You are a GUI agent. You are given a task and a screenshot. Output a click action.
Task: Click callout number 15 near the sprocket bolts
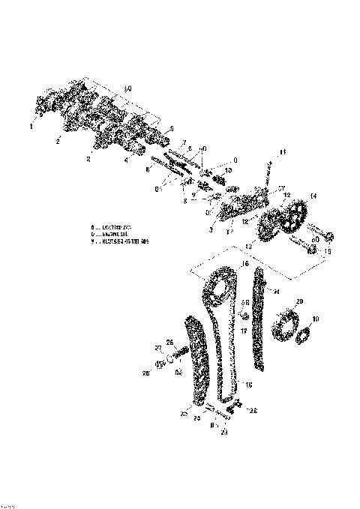point(325,252)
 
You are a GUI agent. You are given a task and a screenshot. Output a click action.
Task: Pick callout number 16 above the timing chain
point(244,265)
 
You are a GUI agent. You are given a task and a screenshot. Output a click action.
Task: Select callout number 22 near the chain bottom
point(253,411)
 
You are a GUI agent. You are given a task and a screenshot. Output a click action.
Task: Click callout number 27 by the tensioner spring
point(158,349)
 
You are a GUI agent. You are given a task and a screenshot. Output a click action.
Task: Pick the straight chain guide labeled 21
point(259,322)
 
